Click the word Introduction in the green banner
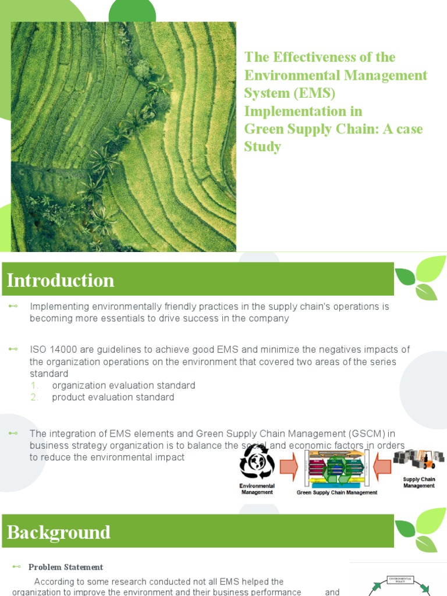coord(61,281)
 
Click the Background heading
coord(59,533)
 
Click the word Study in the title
coord(262,147)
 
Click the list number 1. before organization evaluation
coord(34,385)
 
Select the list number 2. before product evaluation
coord(35,397)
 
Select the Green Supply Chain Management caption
coord(337,492)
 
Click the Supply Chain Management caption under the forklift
coord(419,483)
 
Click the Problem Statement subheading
coord(66,567)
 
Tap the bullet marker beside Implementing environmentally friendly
coord(13,306)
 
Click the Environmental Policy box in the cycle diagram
coord(400,580)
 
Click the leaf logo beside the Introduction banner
coord(420,278)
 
